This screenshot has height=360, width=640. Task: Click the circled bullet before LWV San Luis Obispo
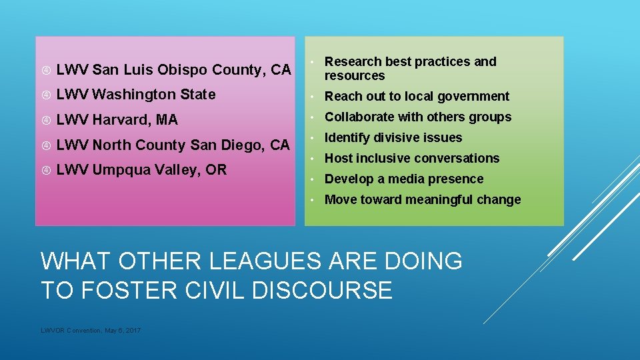pyautogui.click(x=45, y=70)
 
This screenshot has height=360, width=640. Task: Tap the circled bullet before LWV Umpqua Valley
pyautogui.click(x=45, y=171)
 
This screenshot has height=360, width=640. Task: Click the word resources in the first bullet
pyautogui.click(x=355, y=76)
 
